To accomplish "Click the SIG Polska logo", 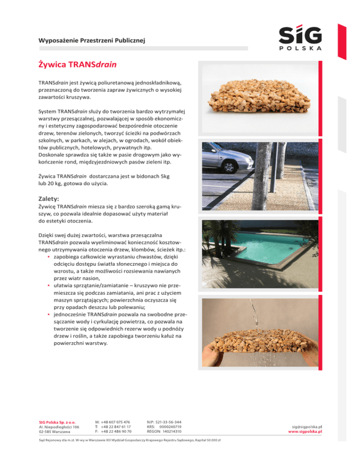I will tap(293, 38).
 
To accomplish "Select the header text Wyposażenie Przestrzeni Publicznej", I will tap(91, 41).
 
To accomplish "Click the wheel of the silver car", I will tap(230, 165).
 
